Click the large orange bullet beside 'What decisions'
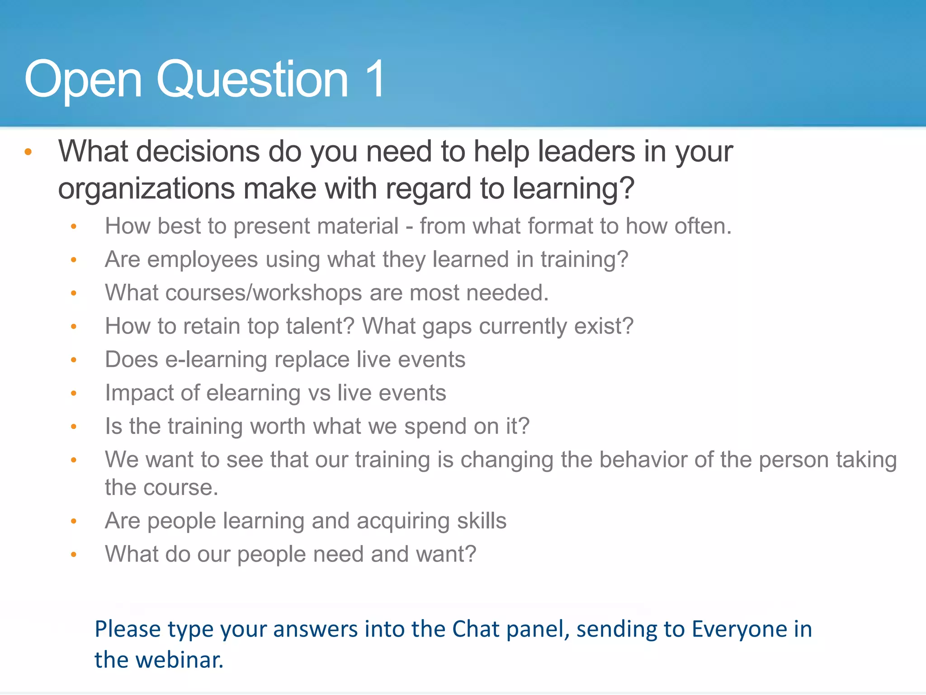coord(28,152)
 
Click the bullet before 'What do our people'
coord(74,554)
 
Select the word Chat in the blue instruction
coord(476,629)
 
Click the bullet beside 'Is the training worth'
coord(74,427)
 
